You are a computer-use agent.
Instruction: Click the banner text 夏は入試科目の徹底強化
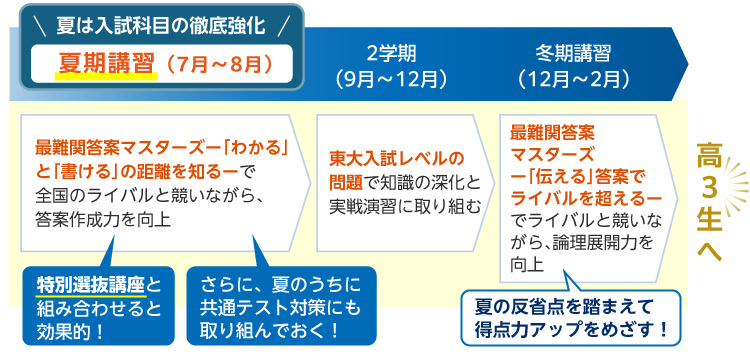(x=160, y=20)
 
